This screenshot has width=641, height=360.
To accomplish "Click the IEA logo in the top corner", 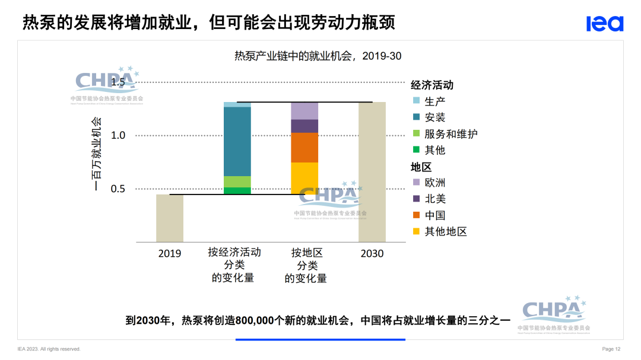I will point(605,23).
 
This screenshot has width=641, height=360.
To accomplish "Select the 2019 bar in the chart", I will point(170,218).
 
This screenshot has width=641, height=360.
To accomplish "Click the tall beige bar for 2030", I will point(372,172).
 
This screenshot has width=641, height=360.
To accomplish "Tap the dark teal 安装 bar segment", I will point(237,141).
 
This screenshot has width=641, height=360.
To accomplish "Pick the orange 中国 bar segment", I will point(304,147).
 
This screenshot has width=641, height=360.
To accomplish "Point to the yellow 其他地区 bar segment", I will point(304,178).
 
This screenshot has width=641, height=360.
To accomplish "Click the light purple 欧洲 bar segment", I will point(304,111).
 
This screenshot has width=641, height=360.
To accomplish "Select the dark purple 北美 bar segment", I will point(304,126).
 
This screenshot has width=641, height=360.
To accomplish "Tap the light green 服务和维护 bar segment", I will point(237,181).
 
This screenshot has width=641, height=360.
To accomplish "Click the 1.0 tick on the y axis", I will point(118,135).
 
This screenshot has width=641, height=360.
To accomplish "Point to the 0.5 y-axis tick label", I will point(118,189).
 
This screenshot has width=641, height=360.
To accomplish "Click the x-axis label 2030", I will point(372,253).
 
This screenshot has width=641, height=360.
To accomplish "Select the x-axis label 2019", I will point(170,253).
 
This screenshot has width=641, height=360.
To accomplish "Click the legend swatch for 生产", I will point(416,101).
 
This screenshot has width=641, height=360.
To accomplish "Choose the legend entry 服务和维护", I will point(450,134).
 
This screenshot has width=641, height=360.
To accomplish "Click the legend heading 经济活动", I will point(432,85).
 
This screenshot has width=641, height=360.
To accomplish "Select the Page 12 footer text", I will point(611,349).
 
